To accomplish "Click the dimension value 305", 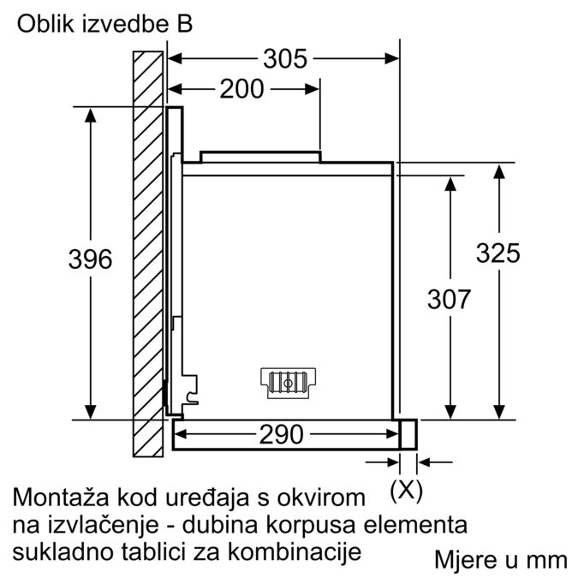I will pos(284,59).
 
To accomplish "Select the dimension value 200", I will pos(242,89).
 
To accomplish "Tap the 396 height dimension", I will pos(90,259).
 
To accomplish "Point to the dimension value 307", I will pos(449,299).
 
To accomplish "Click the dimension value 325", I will pos(498,253).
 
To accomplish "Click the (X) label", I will pos(406,491).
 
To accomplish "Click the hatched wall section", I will pos(148,257).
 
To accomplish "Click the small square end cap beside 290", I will pos(408,434).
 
